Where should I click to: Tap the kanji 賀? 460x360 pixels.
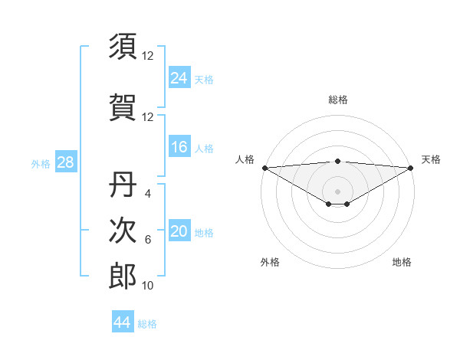pyautogui.click(x=123, y=107)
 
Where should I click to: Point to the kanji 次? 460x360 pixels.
pyautogui.click(x=123, y=230)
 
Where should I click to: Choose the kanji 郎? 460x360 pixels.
pyautogui.click(x=123, y=276)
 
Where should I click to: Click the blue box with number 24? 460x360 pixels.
pyautogui.click(x=179, y=77)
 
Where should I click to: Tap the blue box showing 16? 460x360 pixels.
pyautogui.click(x=179, y=147)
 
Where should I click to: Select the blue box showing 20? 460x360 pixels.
pyautogui.click(x=179, y=231)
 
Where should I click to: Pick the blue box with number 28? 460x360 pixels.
pyautogui.click(x=65, y=162)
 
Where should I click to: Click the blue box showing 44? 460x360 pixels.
pyautogui.click(x=122, y=322)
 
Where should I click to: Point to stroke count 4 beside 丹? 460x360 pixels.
pyautogui.click(x=148, y=193)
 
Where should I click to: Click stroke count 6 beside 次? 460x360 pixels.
pyautogui.click(x=148, y=240)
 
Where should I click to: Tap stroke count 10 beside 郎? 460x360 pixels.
pyautogui.click(x=148, y=286)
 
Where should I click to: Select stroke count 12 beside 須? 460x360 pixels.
pyautogui.click(x=148, y=56)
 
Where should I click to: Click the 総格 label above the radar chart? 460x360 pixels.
pyautogui.click(x=337, y=100)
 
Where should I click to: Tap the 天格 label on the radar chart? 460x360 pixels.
pyautogui.click(x=431, y=159)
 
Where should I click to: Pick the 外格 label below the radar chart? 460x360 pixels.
pyautogui.click(x=270, y=262)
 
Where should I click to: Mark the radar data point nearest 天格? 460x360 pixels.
pyautogui.click(x=411, y=167)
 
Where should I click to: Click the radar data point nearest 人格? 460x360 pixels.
pyautogui.click(x=264, y=167)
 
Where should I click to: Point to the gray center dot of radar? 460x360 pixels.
pyautogui.click(x=337, y=191)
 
